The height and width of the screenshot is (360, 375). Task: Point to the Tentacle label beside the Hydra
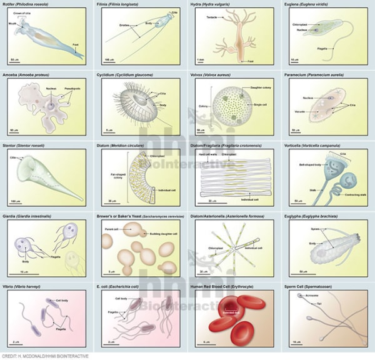coord(211,17)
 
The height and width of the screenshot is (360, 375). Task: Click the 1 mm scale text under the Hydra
coord(200,59)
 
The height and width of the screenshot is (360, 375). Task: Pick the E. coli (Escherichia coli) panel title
coord(127,285)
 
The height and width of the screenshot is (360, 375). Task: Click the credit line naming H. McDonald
coord(45,356)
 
